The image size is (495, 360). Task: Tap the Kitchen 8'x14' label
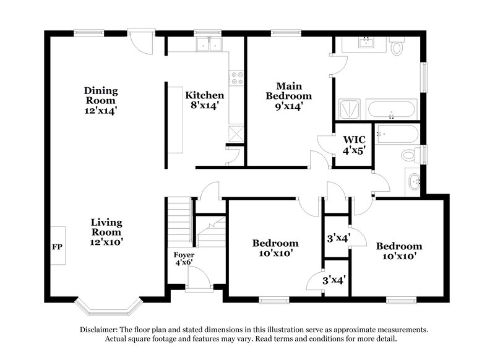coord(205,100)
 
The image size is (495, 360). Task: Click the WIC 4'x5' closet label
coord(353,145)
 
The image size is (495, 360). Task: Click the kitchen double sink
coord(209,45)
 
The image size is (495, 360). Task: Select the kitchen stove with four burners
coord(236,78)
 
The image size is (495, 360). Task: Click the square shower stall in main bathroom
coord(350,110)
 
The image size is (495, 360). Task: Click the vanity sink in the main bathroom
coord(366,43)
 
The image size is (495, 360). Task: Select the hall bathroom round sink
coord(413,181)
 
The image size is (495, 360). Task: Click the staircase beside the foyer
coord(179,221)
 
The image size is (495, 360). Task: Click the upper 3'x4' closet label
coord(338,237)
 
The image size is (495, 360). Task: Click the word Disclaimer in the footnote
coord(101,330)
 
